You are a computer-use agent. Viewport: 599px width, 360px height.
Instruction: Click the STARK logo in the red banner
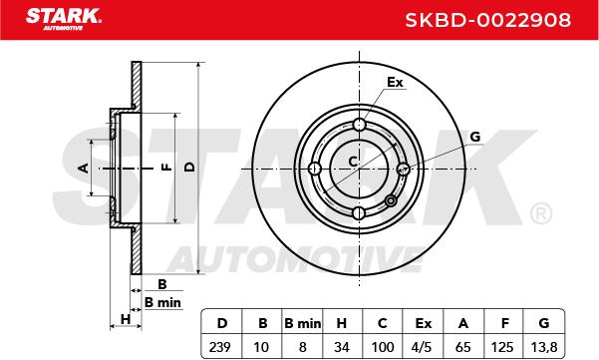point(64,18)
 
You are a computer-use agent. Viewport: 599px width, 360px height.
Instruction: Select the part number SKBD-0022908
point(487,20)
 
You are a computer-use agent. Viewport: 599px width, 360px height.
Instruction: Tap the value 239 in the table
point(220,347)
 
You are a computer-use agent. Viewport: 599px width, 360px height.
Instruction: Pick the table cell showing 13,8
point(544,347)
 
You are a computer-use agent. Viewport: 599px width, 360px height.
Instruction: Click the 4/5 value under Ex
point(423,347)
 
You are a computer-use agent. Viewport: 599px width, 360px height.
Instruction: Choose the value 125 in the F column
point(502,347)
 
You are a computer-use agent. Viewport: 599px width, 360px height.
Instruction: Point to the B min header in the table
point(303,324)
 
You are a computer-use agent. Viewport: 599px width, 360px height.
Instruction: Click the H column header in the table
point(341,324)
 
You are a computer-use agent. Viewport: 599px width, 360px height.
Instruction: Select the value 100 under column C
point(383,347)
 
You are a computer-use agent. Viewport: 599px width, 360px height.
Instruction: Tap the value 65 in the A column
point(463,347)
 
